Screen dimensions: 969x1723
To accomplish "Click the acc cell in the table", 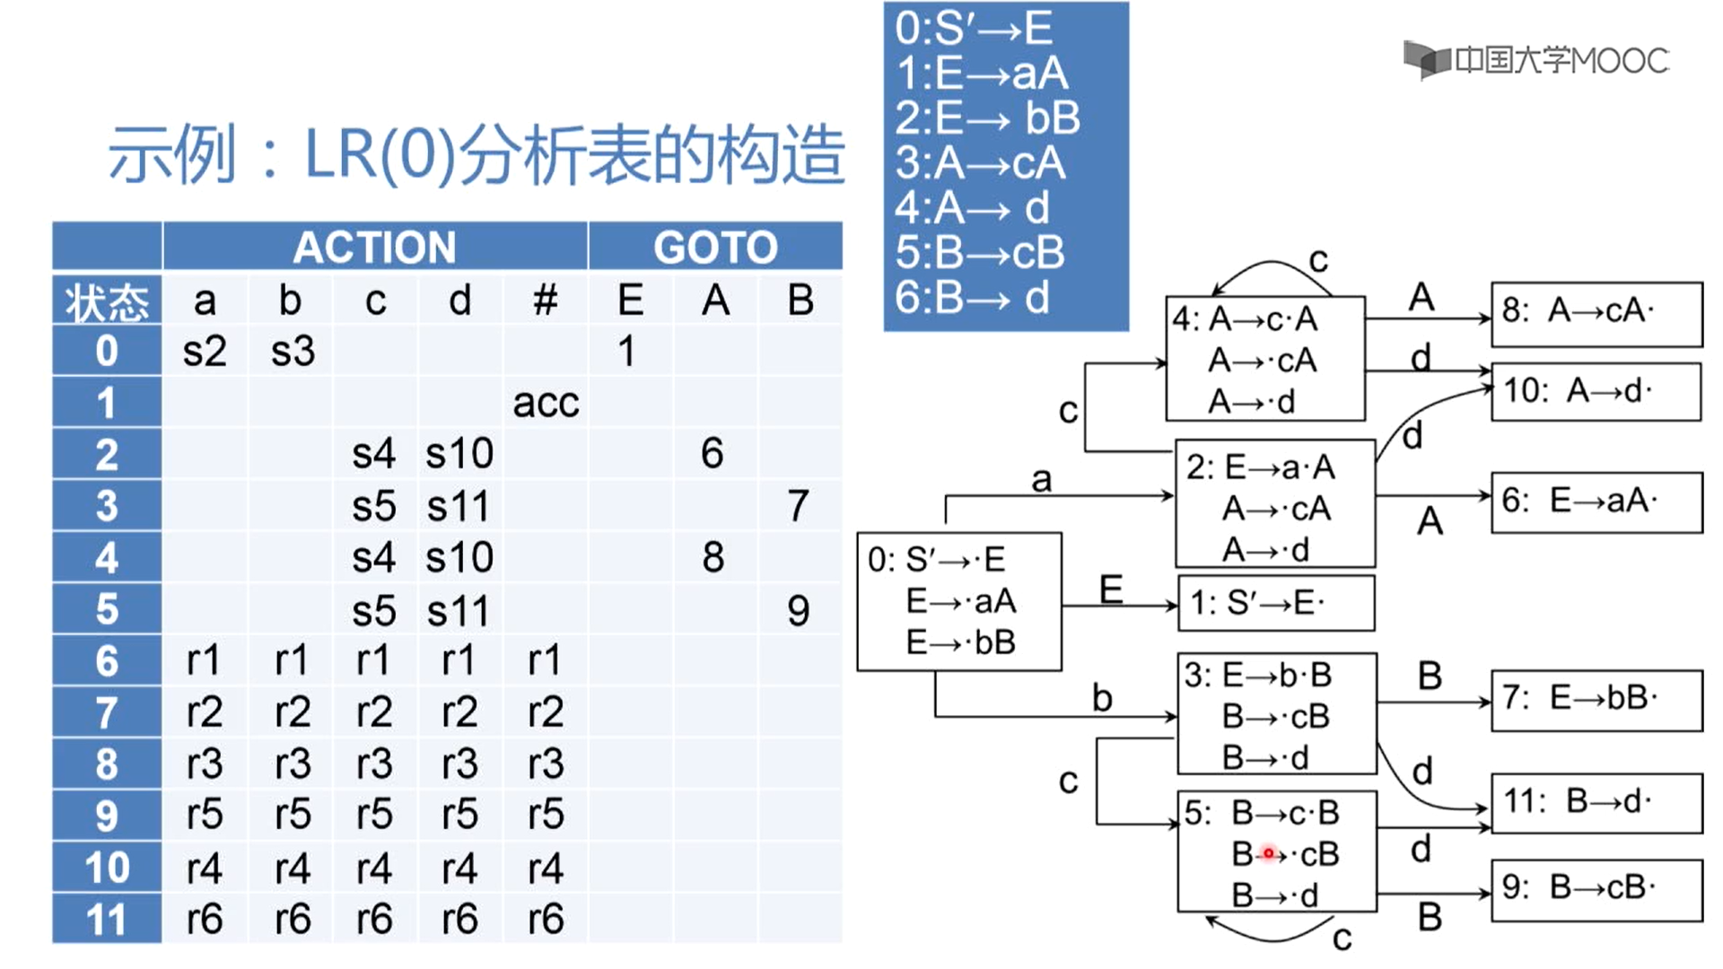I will [546, 403].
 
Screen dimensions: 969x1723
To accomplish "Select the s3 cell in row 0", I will [293, 351].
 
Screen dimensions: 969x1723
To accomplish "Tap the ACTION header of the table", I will [374, 247].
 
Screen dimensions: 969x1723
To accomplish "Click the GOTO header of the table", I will [715, 247].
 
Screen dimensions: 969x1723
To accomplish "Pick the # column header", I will [545, 300].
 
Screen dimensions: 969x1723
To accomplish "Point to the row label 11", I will [107, 920].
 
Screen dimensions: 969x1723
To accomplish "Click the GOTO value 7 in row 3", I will [798, 506].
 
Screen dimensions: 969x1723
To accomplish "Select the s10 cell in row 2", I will [459, 454].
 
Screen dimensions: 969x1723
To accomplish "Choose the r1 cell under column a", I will [204, 661].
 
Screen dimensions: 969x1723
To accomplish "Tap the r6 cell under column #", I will [545, 920].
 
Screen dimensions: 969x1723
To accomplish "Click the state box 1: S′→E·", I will [1275, 604].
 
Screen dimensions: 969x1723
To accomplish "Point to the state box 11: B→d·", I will [1596, 802].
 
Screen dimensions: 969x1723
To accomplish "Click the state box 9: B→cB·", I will [1596, 889].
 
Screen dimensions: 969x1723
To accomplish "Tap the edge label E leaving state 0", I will [1111, 589].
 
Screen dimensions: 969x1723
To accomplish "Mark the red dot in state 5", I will [1268, 853].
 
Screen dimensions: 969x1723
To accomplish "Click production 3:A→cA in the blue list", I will [980, 163].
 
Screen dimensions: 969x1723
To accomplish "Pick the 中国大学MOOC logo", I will [1535, 60].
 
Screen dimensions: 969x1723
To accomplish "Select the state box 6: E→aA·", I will [1596, 502].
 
